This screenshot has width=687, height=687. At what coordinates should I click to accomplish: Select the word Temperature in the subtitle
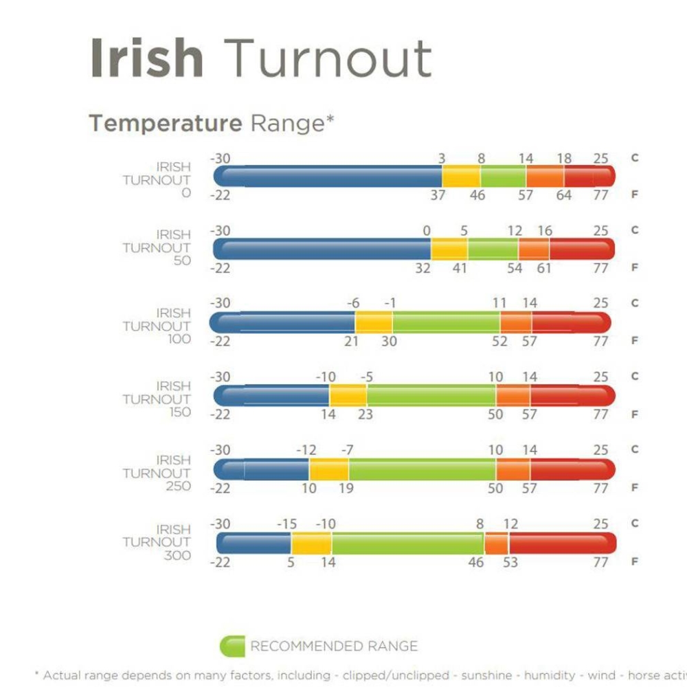[166, 124]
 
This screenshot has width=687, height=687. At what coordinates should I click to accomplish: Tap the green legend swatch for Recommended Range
[232, 646]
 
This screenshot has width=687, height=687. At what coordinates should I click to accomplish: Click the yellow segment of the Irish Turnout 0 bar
[461, 177]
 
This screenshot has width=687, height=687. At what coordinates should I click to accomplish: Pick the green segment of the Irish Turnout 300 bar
[408, 543]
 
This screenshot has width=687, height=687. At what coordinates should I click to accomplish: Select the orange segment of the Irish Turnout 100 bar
[516, 323]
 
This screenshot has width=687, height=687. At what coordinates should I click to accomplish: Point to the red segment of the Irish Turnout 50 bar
[581, 249]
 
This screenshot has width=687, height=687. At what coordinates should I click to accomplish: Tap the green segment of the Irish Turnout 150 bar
[431, 396]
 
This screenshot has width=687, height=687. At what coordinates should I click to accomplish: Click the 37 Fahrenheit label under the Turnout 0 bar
[438, 195]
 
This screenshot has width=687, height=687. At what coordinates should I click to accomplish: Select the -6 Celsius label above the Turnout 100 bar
[353, 304]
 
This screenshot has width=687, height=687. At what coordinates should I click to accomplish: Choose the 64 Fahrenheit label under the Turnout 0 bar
[564, 195]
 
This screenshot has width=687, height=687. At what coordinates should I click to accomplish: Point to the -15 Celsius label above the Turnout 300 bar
[286, 525]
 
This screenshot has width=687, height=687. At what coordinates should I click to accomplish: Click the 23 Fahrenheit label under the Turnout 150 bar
[365, 415]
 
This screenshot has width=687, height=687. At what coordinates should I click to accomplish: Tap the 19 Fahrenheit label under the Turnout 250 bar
[346, 488]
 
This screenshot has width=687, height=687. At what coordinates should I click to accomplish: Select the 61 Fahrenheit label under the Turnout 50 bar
[544, 268]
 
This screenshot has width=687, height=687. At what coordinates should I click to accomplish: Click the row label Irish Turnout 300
[174, 543]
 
